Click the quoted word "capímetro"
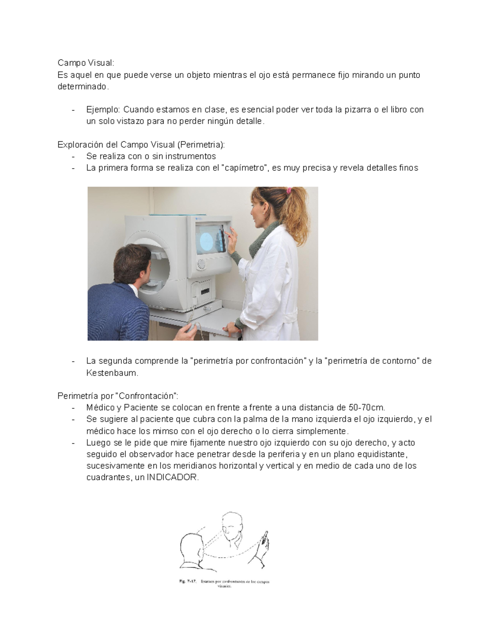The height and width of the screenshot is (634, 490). point(244,168)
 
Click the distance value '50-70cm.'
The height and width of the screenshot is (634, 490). point(367,407)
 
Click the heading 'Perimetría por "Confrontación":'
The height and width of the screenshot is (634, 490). point(118,396)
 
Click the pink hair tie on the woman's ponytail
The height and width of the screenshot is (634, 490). point(289,190)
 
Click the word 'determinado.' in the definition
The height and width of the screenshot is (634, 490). point(83,87)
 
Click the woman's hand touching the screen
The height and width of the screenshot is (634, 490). point(232,236)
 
